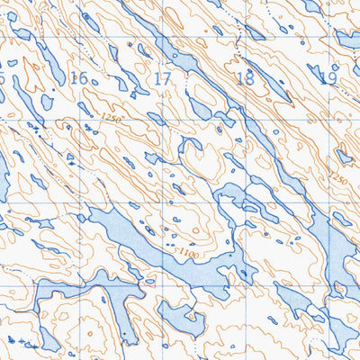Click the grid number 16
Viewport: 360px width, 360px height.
coord(78,78)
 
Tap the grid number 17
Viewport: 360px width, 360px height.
coord(162,78)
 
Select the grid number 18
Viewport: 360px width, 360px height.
coord(244,78)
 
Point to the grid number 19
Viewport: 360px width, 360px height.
coord(328,78)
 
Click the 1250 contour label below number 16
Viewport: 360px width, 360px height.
coord(111,118)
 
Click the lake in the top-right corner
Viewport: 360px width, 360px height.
coord(346,40)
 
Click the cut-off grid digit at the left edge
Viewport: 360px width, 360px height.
coord(3,78)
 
